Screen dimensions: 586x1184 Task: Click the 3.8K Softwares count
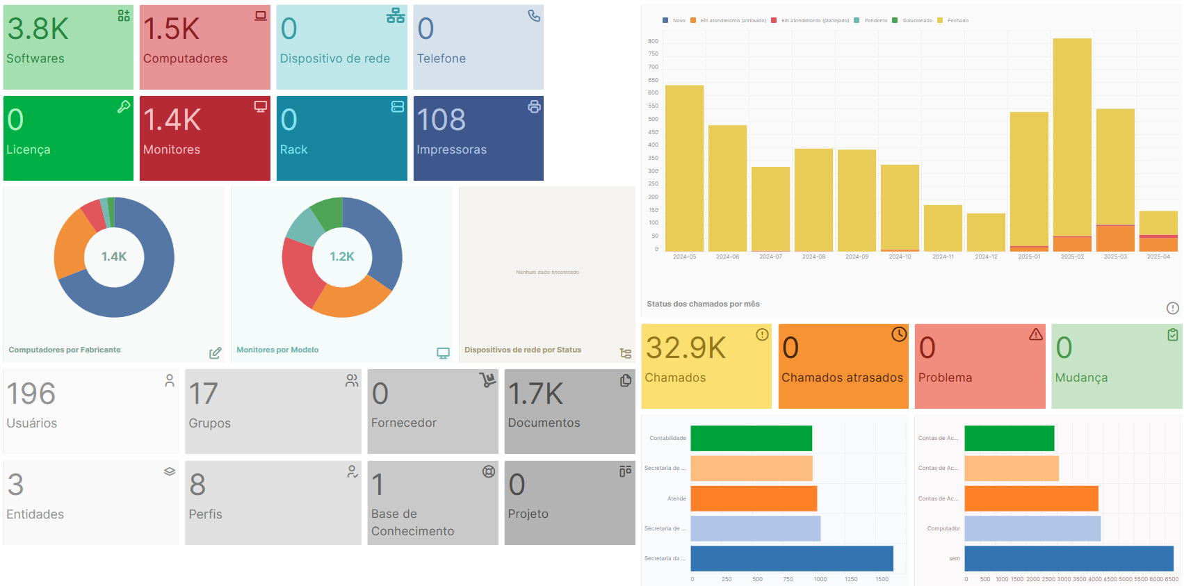(38, 29)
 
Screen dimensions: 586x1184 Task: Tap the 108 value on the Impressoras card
(441, 120)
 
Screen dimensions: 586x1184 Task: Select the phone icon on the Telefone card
(534, 15)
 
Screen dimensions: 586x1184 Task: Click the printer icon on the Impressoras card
(534, 106)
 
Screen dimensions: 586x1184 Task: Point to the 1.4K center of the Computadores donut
(114, 257)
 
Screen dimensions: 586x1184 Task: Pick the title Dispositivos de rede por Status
(523, 350)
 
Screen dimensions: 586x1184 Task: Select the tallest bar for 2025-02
(1072, 139)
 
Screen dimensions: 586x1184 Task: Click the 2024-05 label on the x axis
(684, 257)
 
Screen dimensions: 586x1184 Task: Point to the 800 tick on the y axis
(653, 41)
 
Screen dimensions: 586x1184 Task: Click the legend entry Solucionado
(917, 21)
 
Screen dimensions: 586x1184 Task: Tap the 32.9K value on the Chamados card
(686, 348)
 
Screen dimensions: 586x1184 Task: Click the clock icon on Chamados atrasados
(899, 334)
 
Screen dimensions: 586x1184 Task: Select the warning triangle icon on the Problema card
(1036, 334)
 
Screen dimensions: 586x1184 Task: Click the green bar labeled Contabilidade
(751, 438)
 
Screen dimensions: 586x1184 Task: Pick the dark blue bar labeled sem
(1069, 558)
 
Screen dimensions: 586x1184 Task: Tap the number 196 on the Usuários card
(31, 393)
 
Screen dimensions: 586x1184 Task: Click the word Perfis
(206, 514)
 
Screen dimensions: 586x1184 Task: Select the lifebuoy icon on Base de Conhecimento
(489, 471)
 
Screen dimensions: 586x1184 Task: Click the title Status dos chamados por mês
(703, 304)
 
